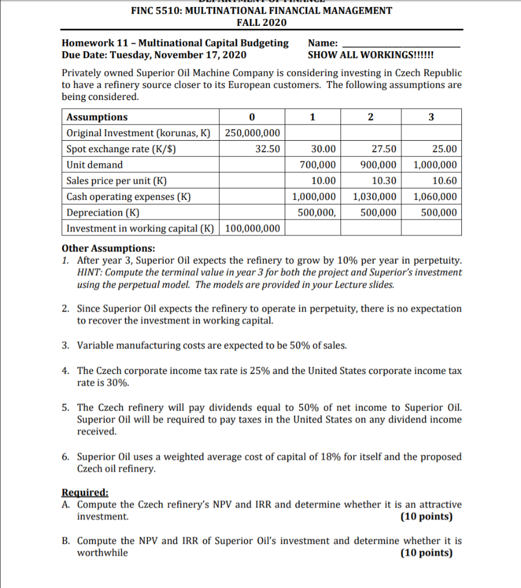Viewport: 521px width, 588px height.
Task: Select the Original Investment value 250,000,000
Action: [x=252, y=133]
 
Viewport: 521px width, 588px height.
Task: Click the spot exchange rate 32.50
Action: [x=267, y=149]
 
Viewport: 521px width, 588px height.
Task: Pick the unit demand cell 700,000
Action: [x=317, y=165]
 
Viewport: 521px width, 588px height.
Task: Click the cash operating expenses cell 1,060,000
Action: [x=435, y=196]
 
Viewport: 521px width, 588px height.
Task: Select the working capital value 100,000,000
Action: [x=252, y=229]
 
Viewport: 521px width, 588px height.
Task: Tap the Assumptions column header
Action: [x=97, y=117]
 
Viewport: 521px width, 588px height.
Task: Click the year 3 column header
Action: [x=432, y=117]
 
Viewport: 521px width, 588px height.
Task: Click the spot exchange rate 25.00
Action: [x=445, y=149]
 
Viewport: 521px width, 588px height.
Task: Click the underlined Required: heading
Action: [x=85, y=493]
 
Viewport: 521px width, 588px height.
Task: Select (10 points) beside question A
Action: [x=426, y=517]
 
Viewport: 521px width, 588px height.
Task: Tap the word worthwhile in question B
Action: [x=102, y=553]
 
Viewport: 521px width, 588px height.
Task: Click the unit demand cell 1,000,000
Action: [x=435, y=165]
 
